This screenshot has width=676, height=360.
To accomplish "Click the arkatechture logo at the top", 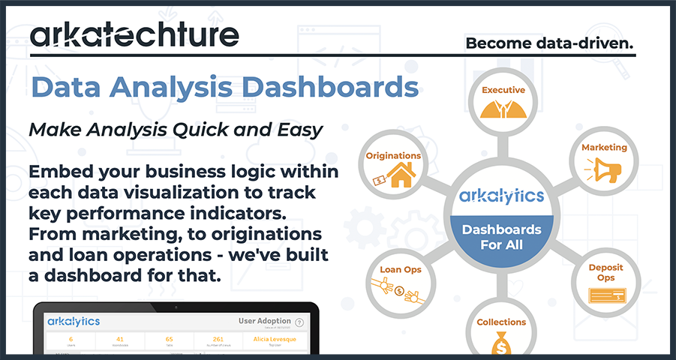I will (134, 34).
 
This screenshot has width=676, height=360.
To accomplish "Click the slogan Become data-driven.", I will (549, 43).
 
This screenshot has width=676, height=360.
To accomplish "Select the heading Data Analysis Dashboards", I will (224, 86).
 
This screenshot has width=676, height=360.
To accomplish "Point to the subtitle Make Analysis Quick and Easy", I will (176, 130).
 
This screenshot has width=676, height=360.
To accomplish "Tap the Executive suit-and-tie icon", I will (503, 108).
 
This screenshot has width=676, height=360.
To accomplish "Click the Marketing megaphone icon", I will (603, 171).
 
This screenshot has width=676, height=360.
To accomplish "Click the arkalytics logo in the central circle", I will (502, 196).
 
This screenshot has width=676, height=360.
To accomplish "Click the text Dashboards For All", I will (502, 236).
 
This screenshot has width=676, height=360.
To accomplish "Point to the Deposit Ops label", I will (605, 272).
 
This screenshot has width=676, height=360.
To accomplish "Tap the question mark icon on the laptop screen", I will (299, 322).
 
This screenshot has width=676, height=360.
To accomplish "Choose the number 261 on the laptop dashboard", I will (218, 339).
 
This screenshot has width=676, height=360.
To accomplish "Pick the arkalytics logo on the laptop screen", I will (74, 322).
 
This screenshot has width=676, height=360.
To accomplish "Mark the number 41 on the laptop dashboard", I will (119, 339).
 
